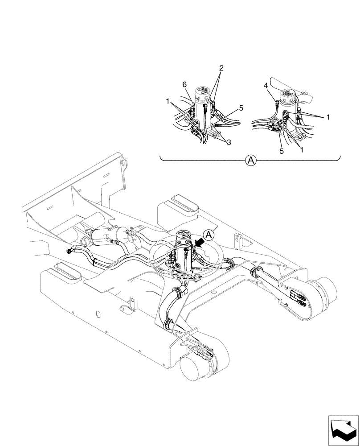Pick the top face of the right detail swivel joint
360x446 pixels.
pos(290,95)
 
